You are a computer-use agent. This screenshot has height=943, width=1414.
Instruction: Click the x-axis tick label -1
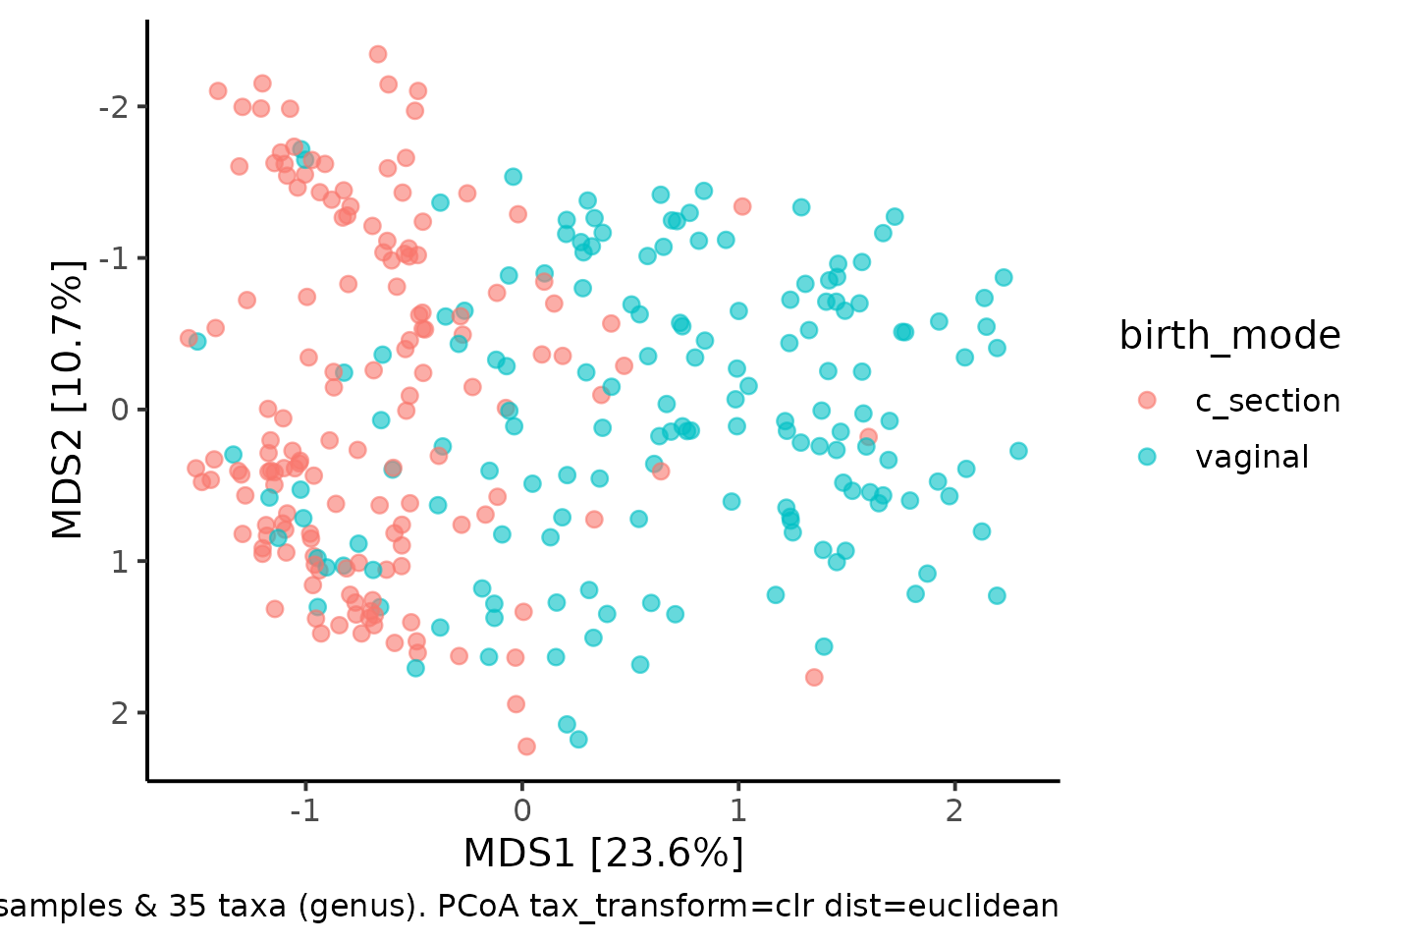[x=304, y=810]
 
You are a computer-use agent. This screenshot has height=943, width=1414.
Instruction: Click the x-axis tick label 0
[x=522, y=810]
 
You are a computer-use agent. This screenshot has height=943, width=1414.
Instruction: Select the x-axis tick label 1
[x=738, y=810]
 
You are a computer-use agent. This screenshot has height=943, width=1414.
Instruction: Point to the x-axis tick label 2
[x=954, y=810]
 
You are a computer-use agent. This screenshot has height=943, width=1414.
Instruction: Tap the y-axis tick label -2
[x=114, y=107]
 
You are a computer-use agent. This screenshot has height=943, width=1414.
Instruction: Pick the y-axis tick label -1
[x=114, y=259]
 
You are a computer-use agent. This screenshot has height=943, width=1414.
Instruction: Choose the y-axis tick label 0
[x=121, y=410]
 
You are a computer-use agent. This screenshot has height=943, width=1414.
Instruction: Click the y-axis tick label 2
[x=121, y=713]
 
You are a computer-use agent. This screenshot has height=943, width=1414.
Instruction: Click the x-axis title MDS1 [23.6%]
[x=604, y=854]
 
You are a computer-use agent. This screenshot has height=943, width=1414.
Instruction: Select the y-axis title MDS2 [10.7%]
[x=67, y=400]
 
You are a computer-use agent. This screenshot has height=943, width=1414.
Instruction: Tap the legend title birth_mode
[x=1229, y=335]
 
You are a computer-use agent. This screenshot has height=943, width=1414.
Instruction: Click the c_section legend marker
[x=1147, y=400]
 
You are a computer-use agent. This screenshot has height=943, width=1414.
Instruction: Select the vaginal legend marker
[x=1147, y=457]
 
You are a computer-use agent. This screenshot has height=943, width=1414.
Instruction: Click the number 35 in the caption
[x=188, y=907]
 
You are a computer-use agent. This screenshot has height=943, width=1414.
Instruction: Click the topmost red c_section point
[x=378, y=54]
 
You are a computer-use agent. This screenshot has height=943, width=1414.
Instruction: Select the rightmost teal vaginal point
[x=1018, y=451]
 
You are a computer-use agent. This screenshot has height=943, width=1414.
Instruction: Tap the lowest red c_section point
[x=526, y=748]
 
